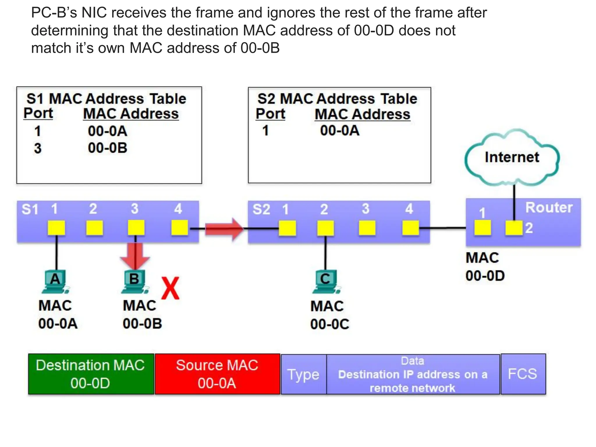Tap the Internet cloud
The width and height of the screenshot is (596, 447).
click(512, 157)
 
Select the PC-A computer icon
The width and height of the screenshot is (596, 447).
click(55, 281)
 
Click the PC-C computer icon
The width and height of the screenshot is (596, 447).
click(325, 281)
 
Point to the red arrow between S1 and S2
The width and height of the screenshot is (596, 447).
click(224, 229)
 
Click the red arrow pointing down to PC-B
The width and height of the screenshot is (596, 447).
click(135, 255)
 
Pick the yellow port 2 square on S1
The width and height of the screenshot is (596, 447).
click(95, 228)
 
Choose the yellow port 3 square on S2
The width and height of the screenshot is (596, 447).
click(367, 228)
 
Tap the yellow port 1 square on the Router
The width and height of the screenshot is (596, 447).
click(483, 228)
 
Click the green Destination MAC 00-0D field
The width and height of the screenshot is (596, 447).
click(91, 374)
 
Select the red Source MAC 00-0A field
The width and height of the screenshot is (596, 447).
click(217, 374)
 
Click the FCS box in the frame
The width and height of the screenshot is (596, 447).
click(523, 374)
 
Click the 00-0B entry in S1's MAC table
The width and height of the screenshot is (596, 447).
click(108, 148)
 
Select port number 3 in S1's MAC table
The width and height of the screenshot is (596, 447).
click(38, 148)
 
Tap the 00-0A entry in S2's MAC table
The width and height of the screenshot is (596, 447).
click(340, 130)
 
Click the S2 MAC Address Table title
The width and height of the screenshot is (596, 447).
click(337, 99)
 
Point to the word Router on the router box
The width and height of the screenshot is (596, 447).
click(549, 208)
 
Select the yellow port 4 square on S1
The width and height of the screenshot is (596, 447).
click(179, 228)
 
